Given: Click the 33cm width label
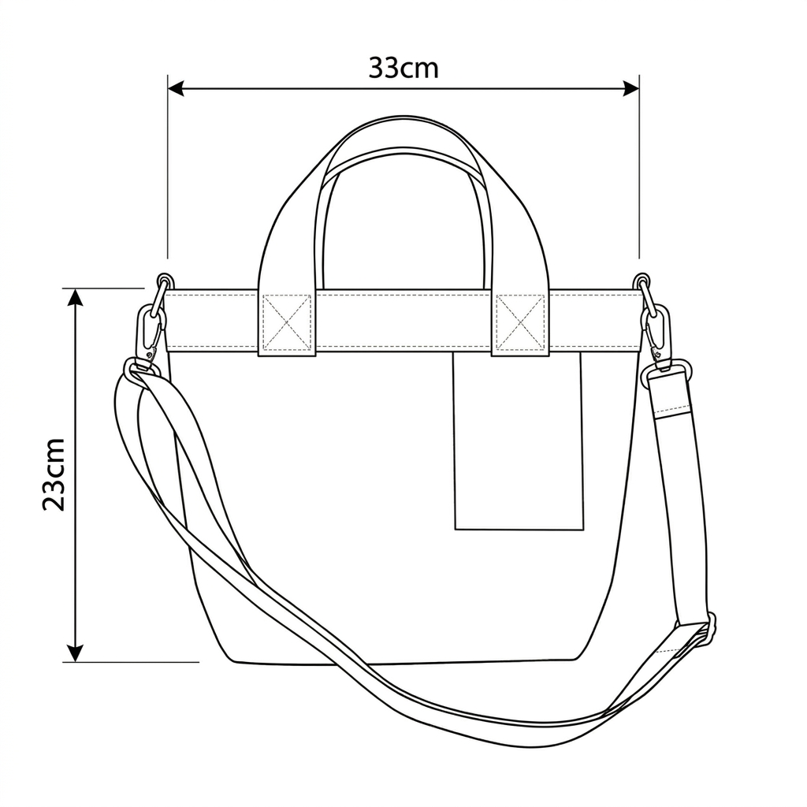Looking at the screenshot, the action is click(x=403, y=68).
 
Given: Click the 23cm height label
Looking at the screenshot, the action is click(x=54, y=474).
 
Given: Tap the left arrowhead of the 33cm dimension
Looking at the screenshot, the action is click(x=176, y=88).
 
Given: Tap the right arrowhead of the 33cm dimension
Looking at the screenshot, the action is click(x=631, y=88).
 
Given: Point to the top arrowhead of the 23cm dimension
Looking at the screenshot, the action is click(x=76, y=297).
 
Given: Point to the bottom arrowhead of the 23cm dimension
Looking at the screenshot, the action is click(x=76, y=653).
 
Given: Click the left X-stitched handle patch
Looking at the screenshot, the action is click(x=287, y=322).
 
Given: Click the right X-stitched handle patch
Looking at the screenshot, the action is click(x=520, y=322).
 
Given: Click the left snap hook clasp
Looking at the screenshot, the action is click(x=151, y=332).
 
